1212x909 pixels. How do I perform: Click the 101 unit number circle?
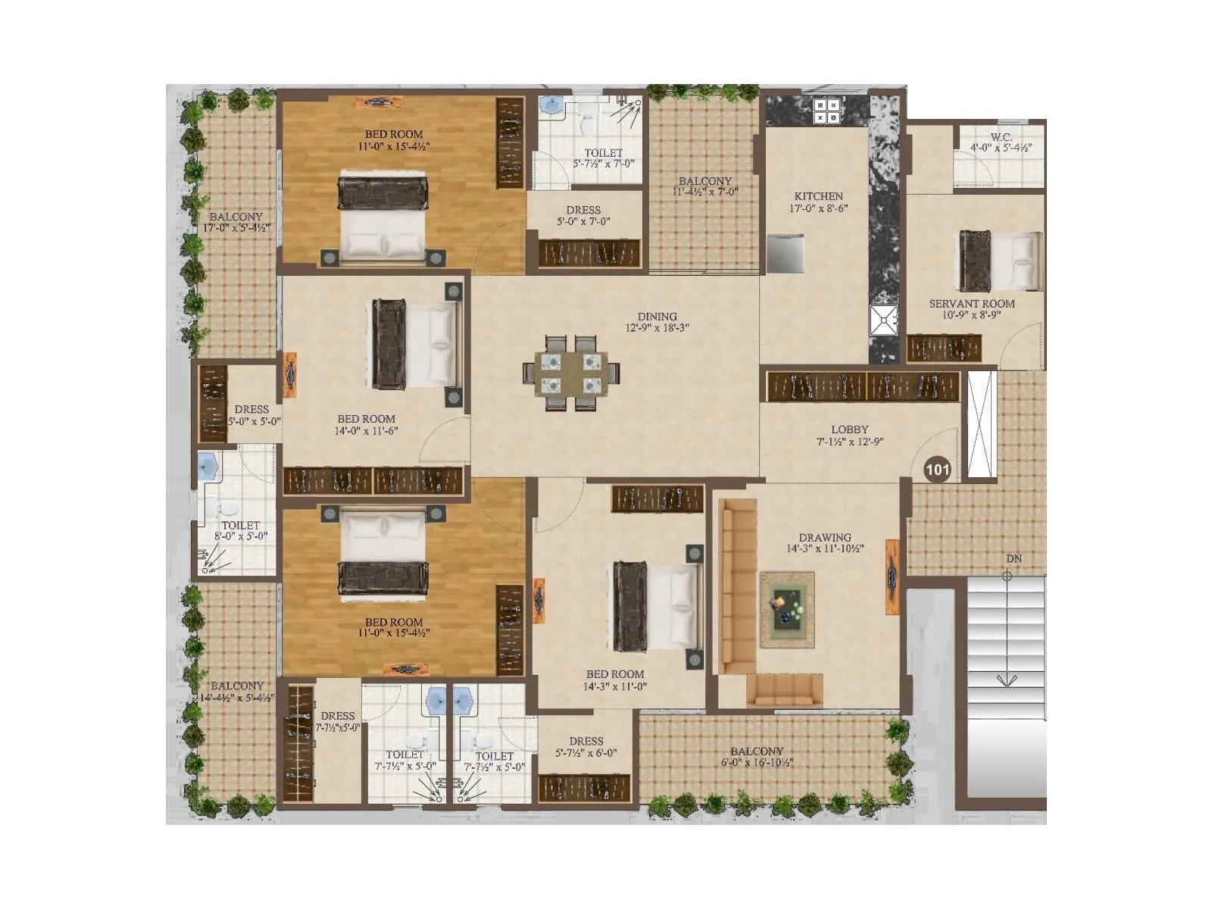[x=937, y=470]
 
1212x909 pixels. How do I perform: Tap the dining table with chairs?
[x=571, y=373]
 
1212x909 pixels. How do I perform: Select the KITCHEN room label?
[x=818, y=196]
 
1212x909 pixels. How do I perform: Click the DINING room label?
[x=657, y=317]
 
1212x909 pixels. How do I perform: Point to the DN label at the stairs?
[x=1014, y=559]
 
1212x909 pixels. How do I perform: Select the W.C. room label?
[x=1001, y=137]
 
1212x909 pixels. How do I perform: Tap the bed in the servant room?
[x=1000, y=261]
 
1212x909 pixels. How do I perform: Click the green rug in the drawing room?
[x=787, y=610]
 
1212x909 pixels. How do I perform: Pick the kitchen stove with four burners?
[x=826, y=111]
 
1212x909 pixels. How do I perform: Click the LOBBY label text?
[x=849, y=430]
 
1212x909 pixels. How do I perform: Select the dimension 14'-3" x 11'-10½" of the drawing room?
[x=825, y=549]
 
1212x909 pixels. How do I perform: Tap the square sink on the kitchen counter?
[x=883, y=320]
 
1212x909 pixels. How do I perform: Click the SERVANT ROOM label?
[x=972, y=304]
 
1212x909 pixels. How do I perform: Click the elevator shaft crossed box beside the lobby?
[x=979, y=424]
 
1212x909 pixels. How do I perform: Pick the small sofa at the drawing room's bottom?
[x=784, y=689]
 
